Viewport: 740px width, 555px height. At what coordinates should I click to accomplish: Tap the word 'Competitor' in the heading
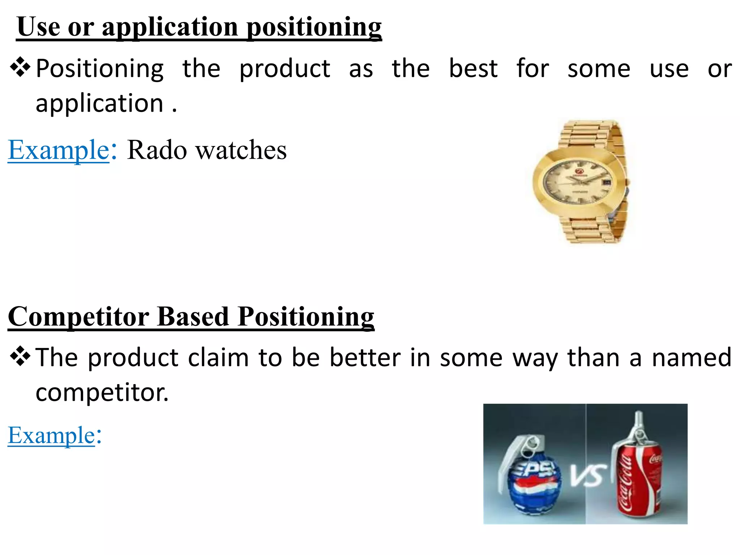[x=78, y=317]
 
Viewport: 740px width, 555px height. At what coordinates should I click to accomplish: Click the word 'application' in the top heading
[x=170, y=27]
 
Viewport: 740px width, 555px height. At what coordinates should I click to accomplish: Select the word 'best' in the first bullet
[x=473, y=69]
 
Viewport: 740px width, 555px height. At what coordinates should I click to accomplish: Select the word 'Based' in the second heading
[x=193, y=317]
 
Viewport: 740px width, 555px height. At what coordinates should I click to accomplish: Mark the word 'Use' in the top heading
[x=38, y=27]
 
